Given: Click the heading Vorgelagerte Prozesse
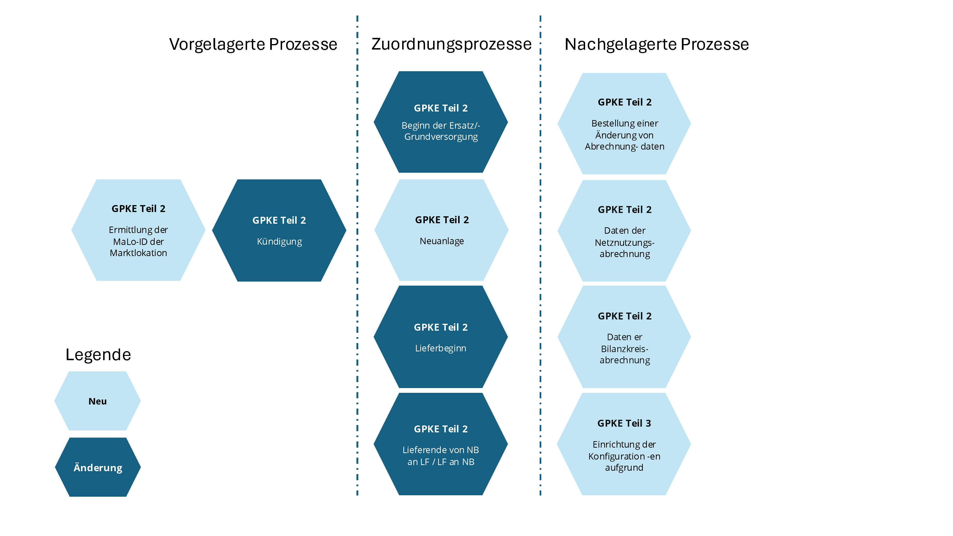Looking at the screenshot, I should pos(253,44).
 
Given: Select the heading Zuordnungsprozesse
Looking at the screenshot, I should pos(451,44).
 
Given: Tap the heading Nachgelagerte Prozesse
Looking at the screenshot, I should pos(656,44).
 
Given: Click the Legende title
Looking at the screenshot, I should pos(98,355).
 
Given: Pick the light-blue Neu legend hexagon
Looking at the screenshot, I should pos(98,401).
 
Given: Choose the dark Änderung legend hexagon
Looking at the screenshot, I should pos(98,467).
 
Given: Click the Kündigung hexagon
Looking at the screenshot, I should pos(279,230).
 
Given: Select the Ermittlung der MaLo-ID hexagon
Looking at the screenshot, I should pos(138,230).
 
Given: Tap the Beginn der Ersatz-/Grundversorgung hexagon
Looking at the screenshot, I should pos(441,122).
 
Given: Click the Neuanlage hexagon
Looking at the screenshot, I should pos(441,230).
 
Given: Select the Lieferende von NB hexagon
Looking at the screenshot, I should pos(441,444).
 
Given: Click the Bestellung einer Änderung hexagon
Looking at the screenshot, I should pos(624,124).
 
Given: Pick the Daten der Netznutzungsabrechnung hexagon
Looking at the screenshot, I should pos(624,231).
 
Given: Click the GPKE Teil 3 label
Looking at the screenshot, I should pos(624,423).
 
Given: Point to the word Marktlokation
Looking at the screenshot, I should pos(138,253).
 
